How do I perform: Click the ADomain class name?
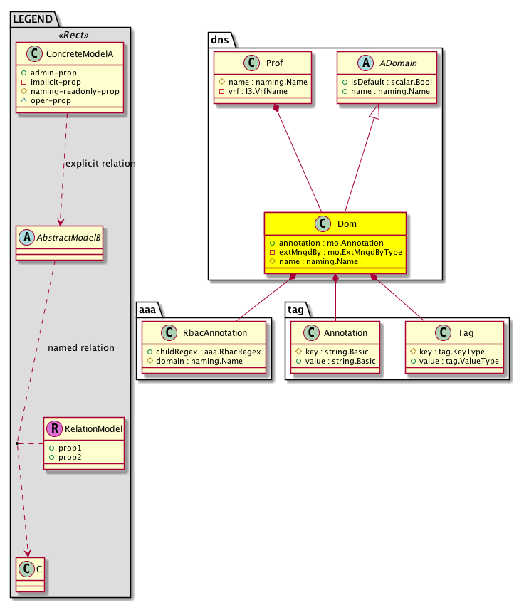(395, 64)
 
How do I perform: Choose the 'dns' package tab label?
(220, 40)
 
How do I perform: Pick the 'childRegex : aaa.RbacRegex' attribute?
(204, 351)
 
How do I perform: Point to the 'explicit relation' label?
(100, 164)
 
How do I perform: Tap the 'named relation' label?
(80, 348)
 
